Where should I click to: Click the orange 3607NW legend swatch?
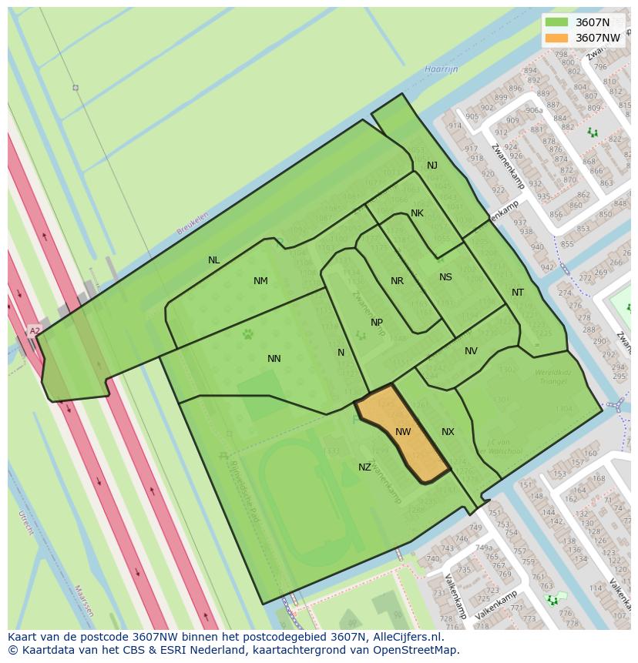click(556, 38)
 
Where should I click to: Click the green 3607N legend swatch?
click(556, 22)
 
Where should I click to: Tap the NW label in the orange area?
click(403, 432)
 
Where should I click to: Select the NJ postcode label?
click(432, 166)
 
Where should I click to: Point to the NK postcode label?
click(417, 213)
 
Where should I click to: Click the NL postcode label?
click(214, 260)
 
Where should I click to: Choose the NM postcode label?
click(260, 281)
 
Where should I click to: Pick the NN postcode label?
click(274, 359)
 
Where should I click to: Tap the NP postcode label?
click(377, 323)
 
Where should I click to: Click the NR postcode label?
click(397, 281)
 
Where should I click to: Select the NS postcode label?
click(445, 277)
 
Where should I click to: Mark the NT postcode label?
click(517, 293)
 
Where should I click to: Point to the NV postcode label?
click(471, 351)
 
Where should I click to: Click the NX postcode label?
click(448, 432)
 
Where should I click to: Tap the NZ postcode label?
click(364, 467)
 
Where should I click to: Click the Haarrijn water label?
click(441, 69)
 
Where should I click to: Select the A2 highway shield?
click(34, 331)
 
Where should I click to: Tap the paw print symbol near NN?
click(248, 334)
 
